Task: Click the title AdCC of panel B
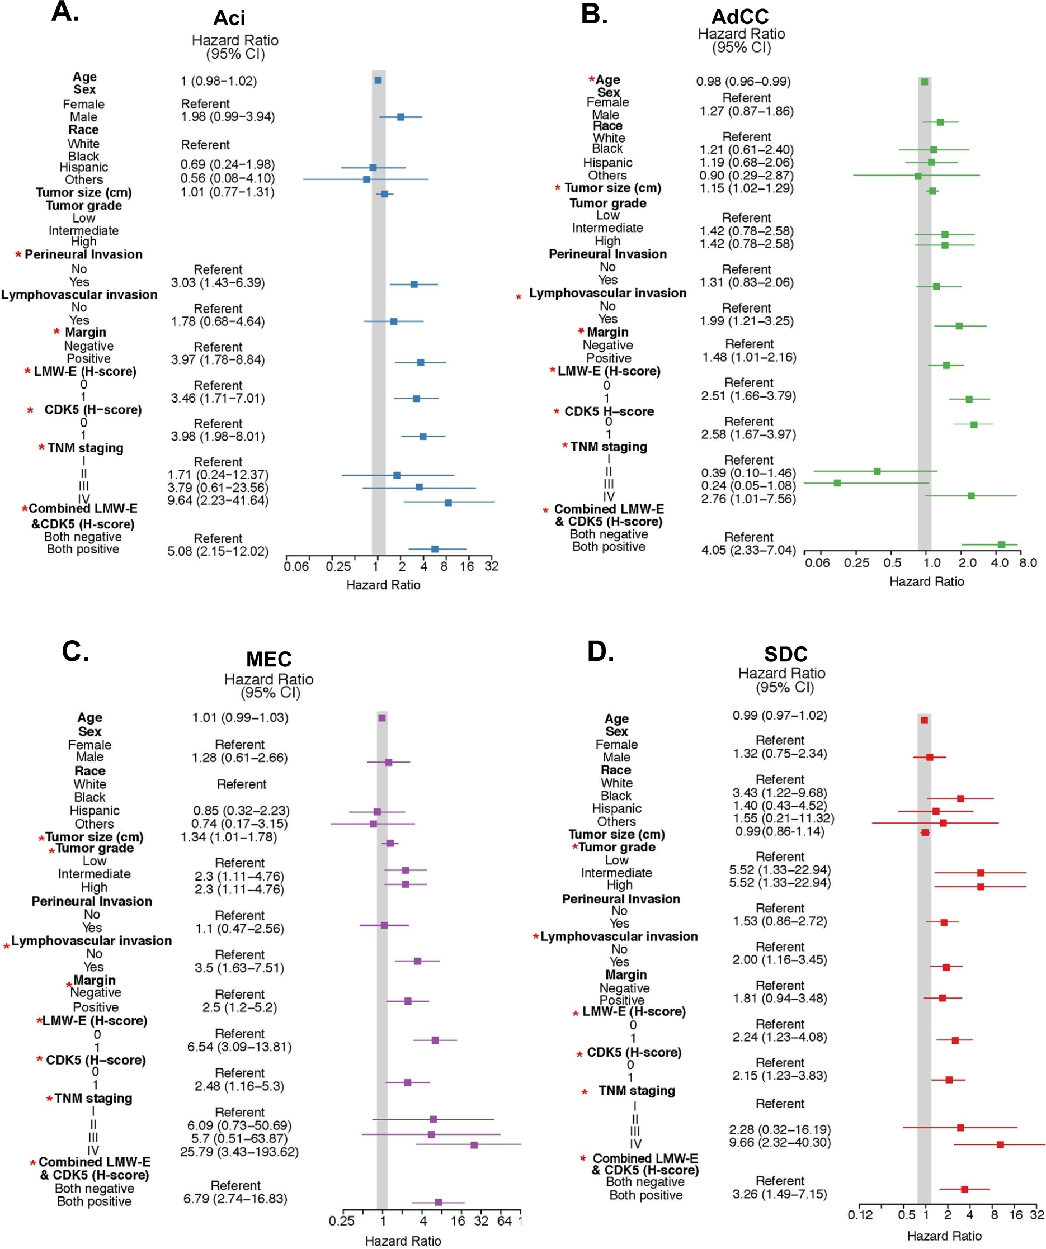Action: [x=739, y=16]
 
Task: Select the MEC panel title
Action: [x=268, y=659]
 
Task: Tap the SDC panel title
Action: [x=785, y=654]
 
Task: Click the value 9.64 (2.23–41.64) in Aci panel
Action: [x=218, y=500]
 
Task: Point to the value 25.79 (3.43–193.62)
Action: [x=239, y=1152]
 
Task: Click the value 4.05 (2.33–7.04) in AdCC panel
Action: [x=748, y=550]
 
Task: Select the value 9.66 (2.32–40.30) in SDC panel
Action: [x=779, y=1142]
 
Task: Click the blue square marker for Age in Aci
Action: [x=378, y=81]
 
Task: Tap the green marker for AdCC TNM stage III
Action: [x=837, y=483]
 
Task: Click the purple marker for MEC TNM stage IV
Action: [x=474, y=1145]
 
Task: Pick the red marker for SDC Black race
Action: [x=960, y=798]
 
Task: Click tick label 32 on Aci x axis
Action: [x=491, y=566]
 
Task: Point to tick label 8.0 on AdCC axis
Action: [x=1028, y=562]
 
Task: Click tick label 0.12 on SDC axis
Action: [x=860, y=1214]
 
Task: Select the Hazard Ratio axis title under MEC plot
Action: [x=403, y=1241]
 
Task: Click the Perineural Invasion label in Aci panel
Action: [x=83, y=254]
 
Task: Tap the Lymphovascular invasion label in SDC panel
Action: [x=619, y=936]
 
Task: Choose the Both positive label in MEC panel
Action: [x=94, y=1201]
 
